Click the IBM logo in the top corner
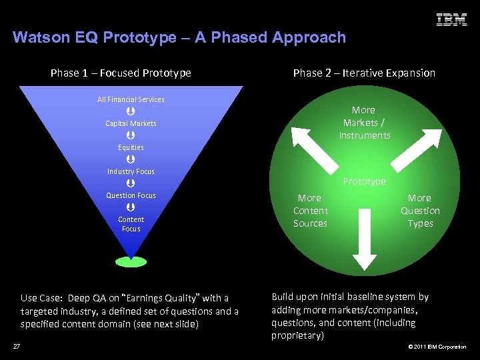pyautogui.click(x=451, y=20)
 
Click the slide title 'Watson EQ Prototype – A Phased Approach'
pyautogui.click(x=179, y=37)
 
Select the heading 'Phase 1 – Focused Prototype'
pyautogui.click(x=121, y=73)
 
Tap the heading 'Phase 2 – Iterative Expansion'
pyautogui.click(x=364, y=73)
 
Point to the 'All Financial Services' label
pyautogui.click(x=131, y=99)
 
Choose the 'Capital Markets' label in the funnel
pyautogui.click(x=131, y=123)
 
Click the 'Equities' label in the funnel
pyautogui.click(x=131, y=147)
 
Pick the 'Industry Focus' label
pyautogui.click(x=131, y=171)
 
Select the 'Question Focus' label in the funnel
pyautogui.click(x=131, y=195)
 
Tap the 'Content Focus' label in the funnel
pyautogui.click(x=131, y=224)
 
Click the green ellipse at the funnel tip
pyautogui.click(x=131, y=261)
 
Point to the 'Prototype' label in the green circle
pyautogui.click(x=364, y=181)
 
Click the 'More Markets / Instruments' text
pyautogui.click(x=364, y=123)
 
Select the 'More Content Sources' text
pyautogui.click(x=310, y=211)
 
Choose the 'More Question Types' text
pyautogui.click(x=420, y=211)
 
